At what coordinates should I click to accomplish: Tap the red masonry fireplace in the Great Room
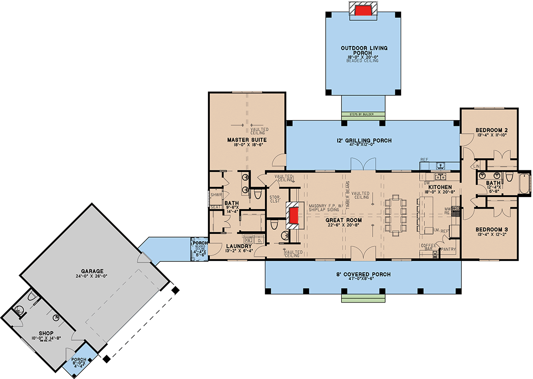pos(293,217)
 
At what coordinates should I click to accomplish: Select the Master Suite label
pos(247,140)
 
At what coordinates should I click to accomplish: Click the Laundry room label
pos(237,246)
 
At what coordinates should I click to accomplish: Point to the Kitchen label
pos(440,187)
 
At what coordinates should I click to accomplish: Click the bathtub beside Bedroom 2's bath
pos(524,182)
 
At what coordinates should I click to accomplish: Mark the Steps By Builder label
pos(363,115)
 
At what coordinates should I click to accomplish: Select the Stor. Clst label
pos(275,199)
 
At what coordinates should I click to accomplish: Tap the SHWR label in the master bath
pos(216,195)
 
